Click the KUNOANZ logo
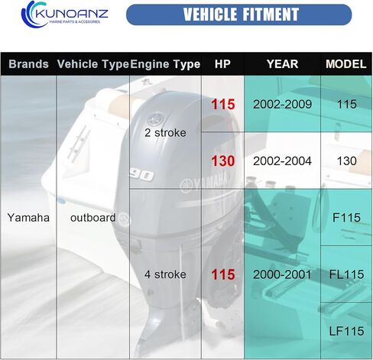pyautogui.click(x=65, y=14)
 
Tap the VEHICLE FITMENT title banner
pyautogui.click(x=239, y=15)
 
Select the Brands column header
pyautogui.click(x=28, y=64)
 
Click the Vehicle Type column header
pyautogui.click(x=92, y=64)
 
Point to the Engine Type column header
pyautogui.click(x=165, y=64)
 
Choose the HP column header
pyautogui.click(x=222, y=64)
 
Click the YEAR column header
pyautogui.click(x=282, y=64)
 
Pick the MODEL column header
pyautogui.click(x=346, y=64)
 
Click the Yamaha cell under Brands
pyautogui.click(x=28, y=218)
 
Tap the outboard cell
pyautogui.click(x=92, y=218)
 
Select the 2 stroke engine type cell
pyautogui.click(x=165, y=133)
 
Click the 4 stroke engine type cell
pyautogui.click(x=165, y=274)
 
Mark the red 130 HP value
pyautogui.click(x=223, y=161)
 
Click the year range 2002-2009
pyautogui.click(x=282, y=104)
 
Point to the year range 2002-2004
pyautogui.click(x=282, y=161)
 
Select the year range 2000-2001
pyautogui.click(x=282, y=274)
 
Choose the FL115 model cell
pyautogui.click(x=346, y=274)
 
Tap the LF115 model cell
pyautogui.click(x=346, y=331)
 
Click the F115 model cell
pyautogui.click(x=346, y=218)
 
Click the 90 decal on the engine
pyautogui.click(x=141, y=174)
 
